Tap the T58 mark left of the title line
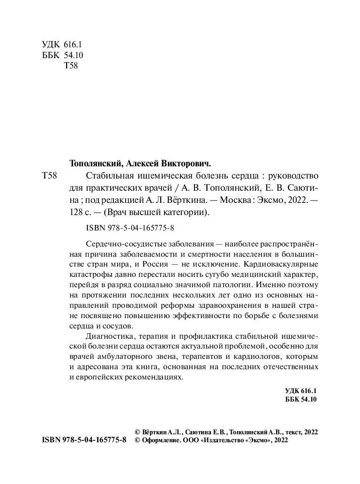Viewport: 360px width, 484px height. point(50,177)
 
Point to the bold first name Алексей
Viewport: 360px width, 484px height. point(141,164)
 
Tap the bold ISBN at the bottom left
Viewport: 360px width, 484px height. point(84,440)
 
